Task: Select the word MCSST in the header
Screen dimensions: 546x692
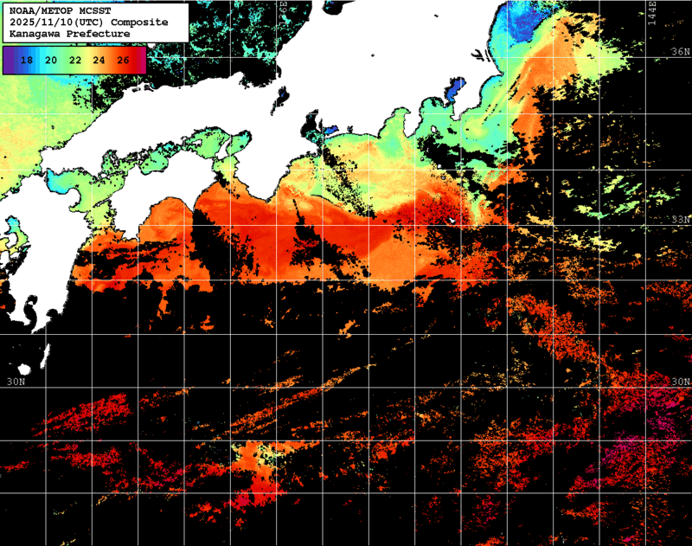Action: tap(91, 10)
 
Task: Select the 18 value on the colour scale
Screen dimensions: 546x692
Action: tap(27, 61)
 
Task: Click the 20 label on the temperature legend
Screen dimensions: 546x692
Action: tap(51, 61)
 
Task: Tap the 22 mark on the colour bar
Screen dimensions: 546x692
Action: tap(75, 61)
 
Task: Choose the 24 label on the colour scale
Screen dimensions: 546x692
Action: tap(99, 61)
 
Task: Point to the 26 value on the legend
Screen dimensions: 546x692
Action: tap(124, 61)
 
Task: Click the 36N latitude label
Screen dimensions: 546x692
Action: tap(681, 53)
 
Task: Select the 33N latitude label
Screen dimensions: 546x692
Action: tap(681, 220)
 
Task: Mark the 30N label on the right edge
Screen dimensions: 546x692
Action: tap(681, 382)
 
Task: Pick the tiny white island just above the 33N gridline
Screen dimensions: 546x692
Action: tap(451, 222)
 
